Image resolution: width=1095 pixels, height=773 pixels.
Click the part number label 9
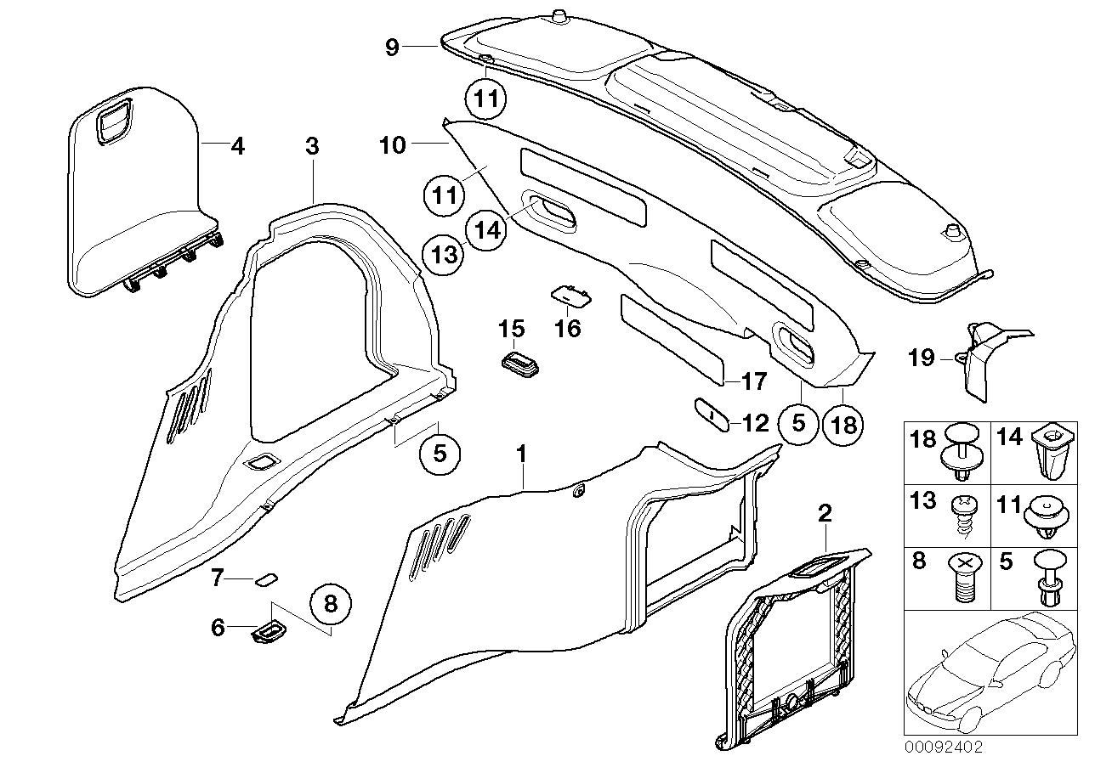392,47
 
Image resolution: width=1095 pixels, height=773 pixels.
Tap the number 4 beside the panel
238,147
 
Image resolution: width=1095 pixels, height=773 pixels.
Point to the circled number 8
331,604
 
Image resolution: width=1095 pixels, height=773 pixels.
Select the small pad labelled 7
265,579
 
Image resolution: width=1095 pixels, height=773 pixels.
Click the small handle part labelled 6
269,632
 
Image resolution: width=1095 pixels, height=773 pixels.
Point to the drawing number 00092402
943,748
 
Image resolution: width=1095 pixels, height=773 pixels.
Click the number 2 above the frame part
824,512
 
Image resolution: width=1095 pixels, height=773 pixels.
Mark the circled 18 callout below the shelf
843,423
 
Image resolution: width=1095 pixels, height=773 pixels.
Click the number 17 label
753,382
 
